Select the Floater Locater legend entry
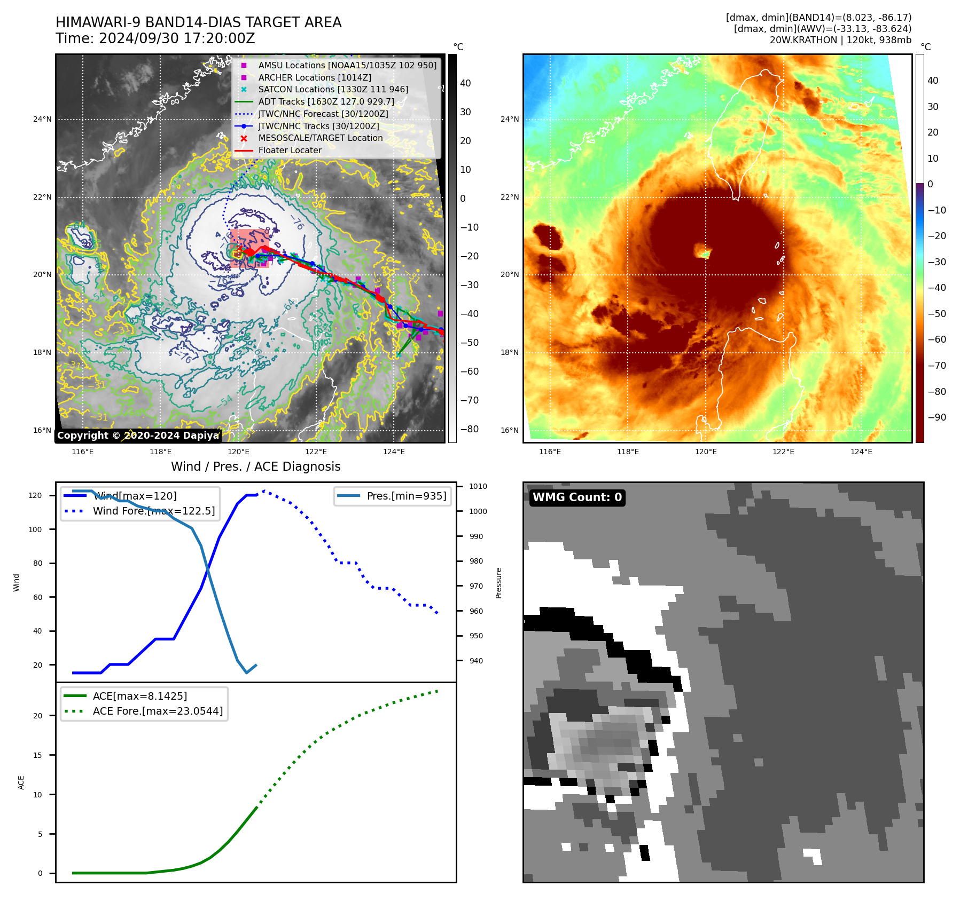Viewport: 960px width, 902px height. [x=290, y=151]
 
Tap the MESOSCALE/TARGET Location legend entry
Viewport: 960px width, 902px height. [x=320, y=138]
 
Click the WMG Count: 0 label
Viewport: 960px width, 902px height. [x=577, y=497]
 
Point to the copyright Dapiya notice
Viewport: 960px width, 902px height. [x=138, y=436]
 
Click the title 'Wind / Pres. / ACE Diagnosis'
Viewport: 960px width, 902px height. [x=255, y=466]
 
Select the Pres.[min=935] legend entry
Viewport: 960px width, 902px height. [x=406, y=496]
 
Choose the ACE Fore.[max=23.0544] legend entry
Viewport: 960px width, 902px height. [x=158, y=711]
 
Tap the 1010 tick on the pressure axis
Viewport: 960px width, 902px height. [x=478, y=486]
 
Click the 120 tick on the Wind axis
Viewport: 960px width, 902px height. [x=35, y=495]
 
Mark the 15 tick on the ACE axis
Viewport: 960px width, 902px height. [x=37, y=755]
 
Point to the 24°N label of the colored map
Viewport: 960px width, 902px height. [x=509, y=119]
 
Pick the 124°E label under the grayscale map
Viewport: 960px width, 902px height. [x=394, y=452]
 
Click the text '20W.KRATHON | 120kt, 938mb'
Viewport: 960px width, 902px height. [x=840, y=40]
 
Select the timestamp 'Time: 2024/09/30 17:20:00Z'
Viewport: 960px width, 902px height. [x=155, y=38]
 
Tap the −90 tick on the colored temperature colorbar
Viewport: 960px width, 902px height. [x=936, y=417]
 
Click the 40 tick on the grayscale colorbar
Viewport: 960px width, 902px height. [x=465, y=83]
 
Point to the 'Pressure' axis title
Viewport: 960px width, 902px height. [x=498, y=583]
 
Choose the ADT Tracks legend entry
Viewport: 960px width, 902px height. [x=326, y=101]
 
